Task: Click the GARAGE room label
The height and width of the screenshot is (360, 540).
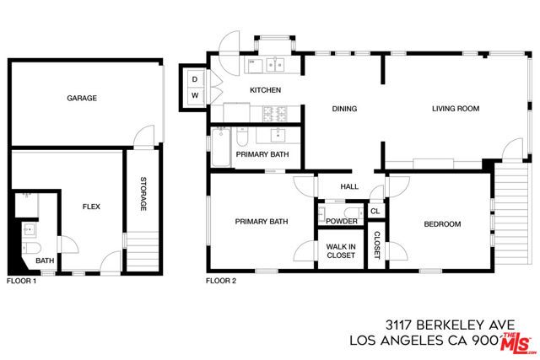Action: pyautogui.click(x=82, y=98)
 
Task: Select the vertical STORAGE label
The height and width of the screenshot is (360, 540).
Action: pyautogui.click(x=143, y=194)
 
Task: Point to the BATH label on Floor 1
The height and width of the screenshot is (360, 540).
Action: pyautogui.click(x=45, y=261)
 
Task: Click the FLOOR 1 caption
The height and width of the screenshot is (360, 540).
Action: pyautogui.click(x=23, y=280)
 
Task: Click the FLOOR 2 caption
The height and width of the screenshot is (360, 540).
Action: pyautogui.click(x=221, y=280)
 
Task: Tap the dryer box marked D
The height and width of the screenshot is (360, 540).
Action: pyautogui.click(x=194, y=79)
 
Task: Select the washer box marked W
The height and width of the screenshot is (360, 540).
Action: pyautogui.click(x=194, y=95)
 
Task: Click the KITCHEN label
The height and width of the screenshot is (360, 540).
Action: pyautogui.click(x=265, y=90)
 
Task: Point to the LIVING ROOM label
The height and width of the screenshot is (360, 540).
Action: pyautogui.click(x=456, y=108)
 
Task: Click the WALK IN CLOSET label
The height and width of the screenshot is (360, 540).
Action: pyautogui.click(x=340, y=251)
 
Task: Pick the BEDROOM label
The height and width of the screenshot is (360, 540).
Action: pyautogui.click(x=441, y=223)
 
